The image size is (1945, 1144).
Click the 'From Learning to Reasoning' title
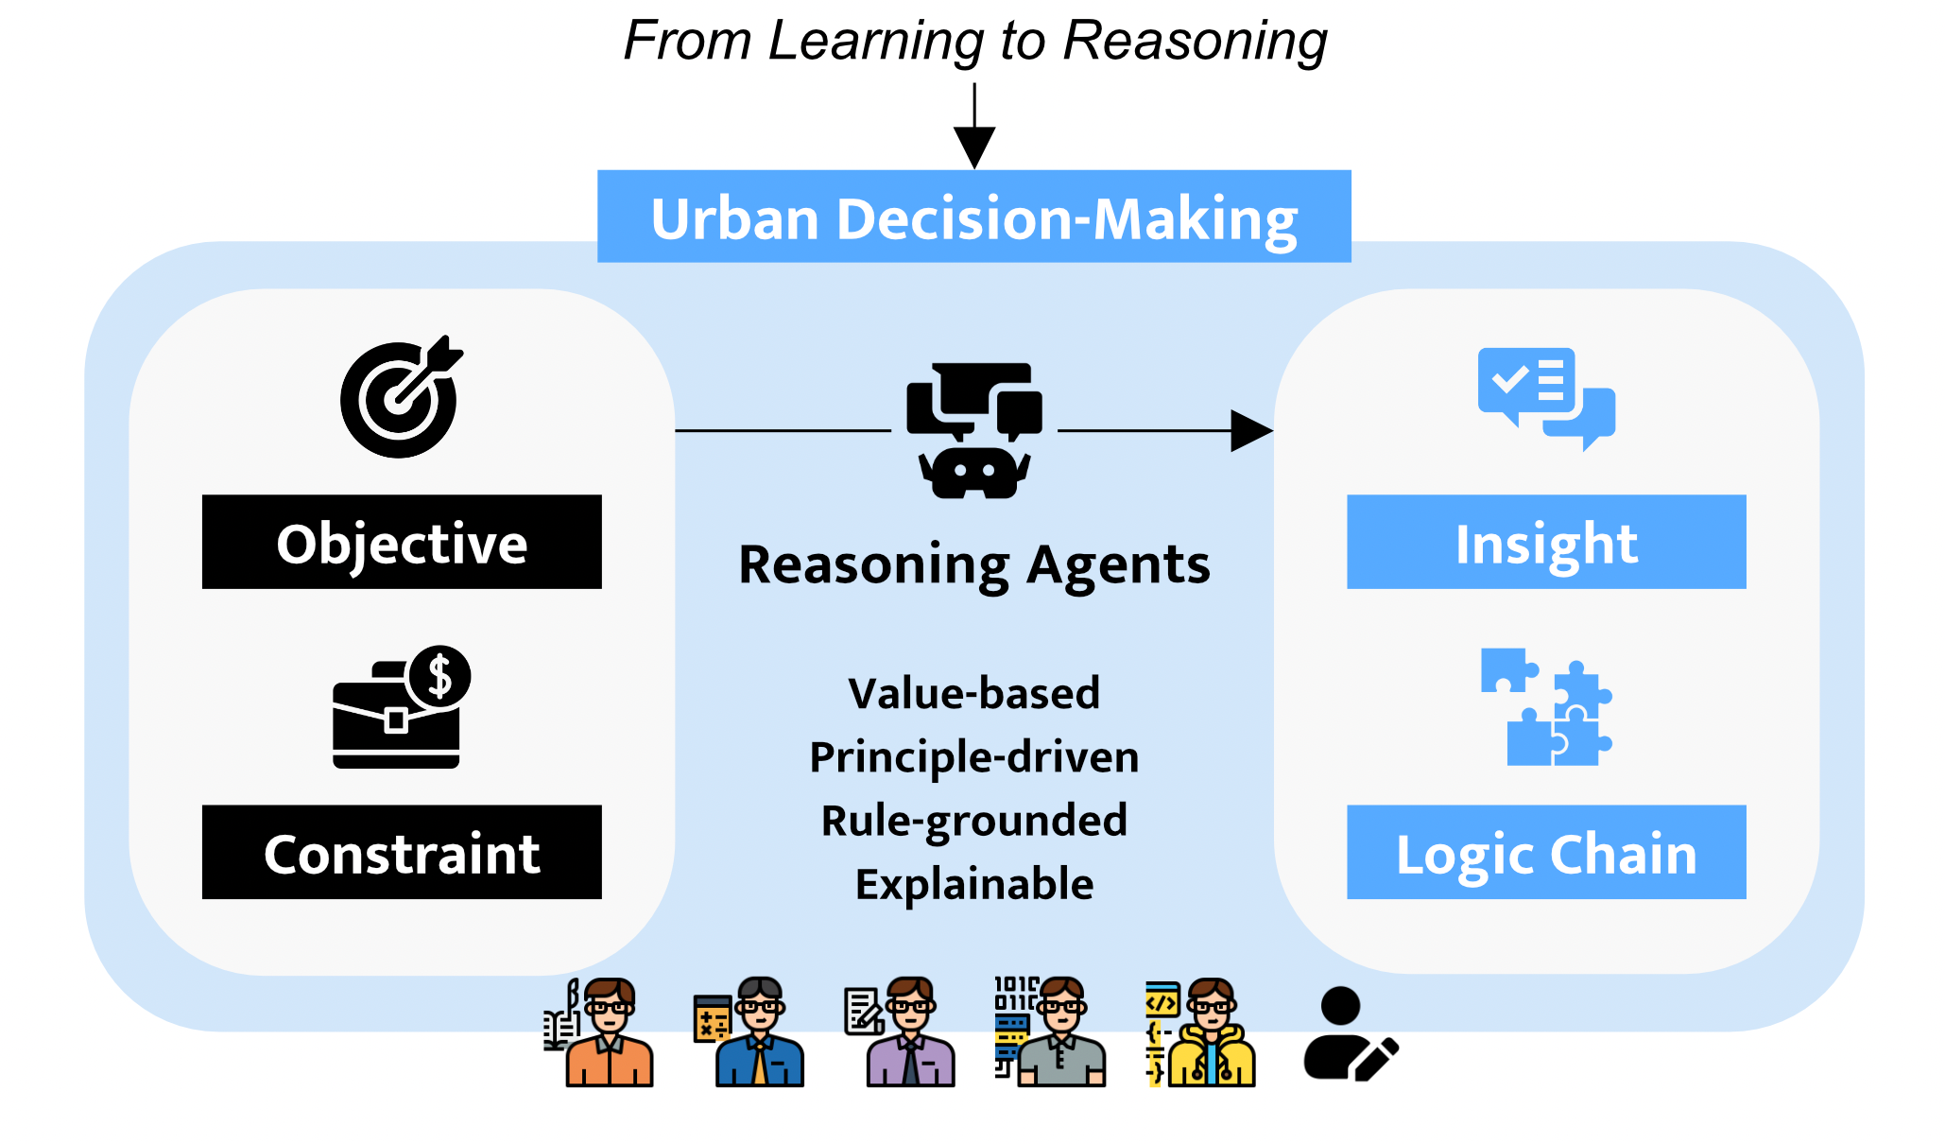pyautogui.click(x=974, y=42)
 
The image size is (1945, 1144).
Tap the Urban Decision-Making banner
pyautogui.click(x=973, y=217)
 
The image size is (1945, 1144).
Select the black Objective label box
pyautogui.click(x=402, y=543)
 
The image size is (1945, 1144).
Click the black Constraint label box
pyautogui.click(x=402, y=853)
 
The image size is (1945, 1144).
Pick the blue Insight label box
pyautogui.click(x=1546, y=543)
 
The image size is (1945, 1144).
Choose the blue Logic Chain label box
pyautogui.click(x=1546, y=853)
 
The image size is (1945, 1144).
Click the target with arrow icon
pyautogui.click(x=401, y=397)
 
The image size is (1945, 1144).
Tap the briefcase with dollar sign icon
pyautogui.click(x=401, y=707)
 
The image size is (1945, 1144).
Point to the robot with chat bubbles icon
pyautogui.click(x=973, y=430)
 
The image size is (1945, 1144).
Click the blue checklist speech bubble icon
pyautogui.click(x=1546, y=397)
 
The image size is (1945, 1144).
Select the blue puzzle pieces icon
pyautogui.click(x=1546, y=707)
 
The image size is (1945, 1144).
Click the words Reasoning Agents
pyautogui.click(x=973, y=565)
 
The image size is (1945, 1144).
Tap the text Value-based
pyautogui.click(x=973, y=693)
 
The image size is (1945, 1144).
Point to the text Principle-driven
pyautogui.click(x=973, y=757)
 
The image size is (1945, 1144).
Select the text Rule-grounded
pyautogui.click(x=973, y=821)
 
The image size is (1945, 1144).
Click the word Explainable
pyautogui.click(x=973, y=884)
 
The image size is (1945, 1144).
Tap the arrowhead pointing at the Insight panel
pyautogui.click(x=1251, y=430)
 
